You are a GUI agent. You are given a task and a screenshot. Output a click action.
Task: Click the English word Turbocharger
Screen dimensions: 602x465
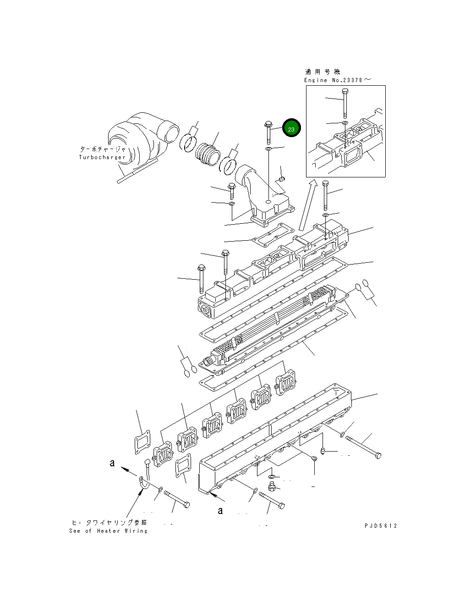(x=102, y=157)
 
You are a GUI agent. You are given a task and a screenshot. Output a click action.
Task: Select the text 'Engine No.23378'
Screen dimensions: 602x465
(x=334, y=80)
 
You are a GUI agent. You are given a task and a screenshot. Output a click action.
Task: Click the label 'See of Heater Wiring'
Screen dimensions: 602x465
(x=109, y=531)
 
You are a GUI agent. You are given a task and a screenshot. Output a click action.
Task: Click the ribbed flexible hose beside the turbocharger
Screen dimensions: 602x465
(x=208, y=154)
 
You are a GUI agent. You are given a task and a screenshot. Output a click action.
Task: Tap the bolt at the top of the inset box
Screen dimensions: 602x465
(x=344, y=103)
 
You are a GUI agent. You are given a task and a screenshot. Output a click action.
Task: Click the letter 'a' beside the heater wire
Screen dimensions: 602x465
(x=112, y=463)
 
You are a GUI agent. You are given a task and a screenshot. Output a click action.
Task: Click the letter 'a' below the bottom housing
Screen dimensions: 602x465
(x=220, y=510)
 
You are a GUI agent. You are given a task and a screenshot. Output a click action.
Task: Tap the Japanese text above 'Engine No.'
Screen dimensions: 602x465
(x=323, y=72)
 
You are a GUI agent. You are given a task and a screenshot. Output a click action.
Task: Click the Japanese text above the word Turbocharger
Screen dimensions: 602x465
(x=103, y=149)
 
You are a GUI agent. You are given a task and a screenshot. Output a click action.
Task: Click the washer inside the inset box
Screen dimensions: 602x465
(x=344, y=123)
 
